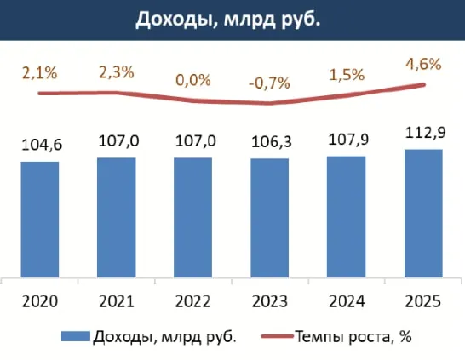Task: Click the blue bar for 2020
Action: pyautogui.click(x=40, y=219)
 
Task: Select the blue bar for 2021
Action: pyautogui.click(x=117, y=217)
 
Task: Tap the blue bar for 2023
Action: pyautogui.click(x=270, y=218)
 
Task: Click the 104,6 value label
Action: pyautogui.click(x=40, y=146)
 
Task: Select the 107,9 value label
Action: pyautogui.click(x=347, y=140)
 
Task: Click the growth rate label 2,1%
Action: pyautogui.click(x=40, y=73)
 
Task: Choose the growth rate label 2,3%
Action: pyautogui.click(x=117, y=72)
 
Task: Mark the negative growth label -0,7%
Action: pyautogui.click(x=270, y=83)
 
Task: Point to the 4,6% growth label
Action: pyautogui.click(x=423, y=63)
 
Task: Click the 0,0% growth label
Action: pyautogui.click(x=193, y=80)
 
